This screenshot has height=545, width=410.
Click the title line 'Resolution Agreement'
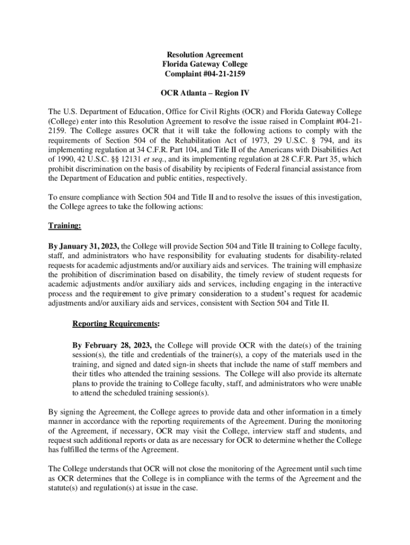pos(205,55)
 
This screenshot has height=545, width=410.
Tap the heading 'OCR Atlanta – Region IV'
pos(205,93)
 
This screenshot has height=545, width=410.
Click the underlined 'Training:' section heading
pos(65,226)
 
